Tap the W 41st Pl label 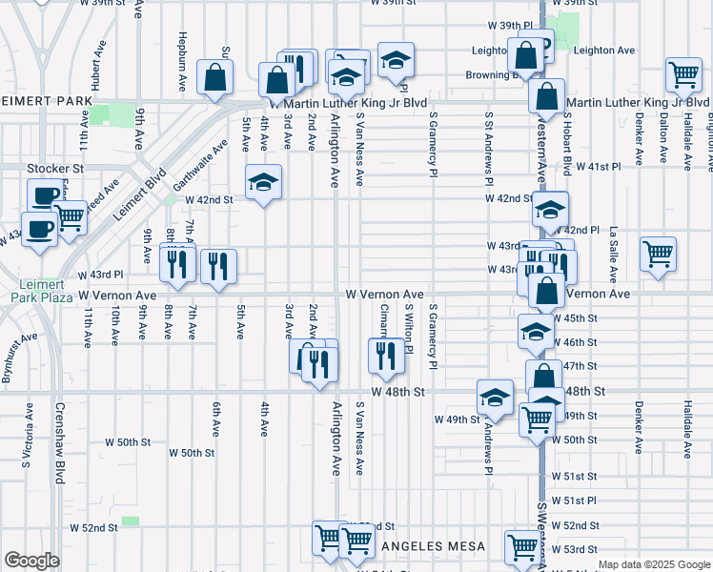click(601, 166)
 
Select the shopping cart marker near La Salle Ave click(658, 254)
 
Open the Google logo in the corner click(31, 561)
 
